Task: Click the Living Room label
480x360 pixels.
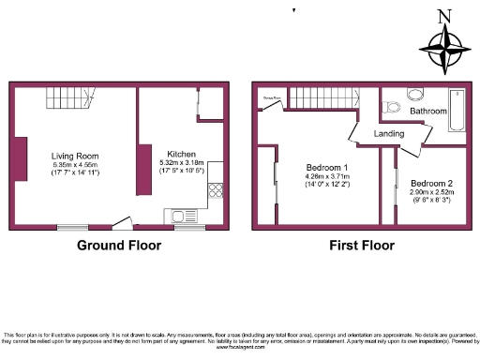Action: coord(76,156)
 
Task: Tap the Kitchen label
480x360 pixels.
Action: coord(181,154)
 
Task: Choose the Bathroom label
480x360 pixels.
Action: coord(427,111)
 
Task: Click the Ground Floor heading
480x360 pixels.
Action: coord(117,246)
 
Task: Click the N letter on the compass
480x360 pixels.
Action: coord(444,15)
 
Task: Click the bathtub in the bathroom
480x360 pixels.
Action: coord(457,110)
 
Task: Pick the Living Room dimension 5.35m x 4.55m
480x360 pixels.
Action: coord(76,166)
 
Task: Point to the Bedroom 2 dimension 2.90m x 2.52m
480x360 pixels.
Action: coord(431,193)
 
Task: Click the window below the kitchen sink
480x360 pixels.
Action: coord(188,227)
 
